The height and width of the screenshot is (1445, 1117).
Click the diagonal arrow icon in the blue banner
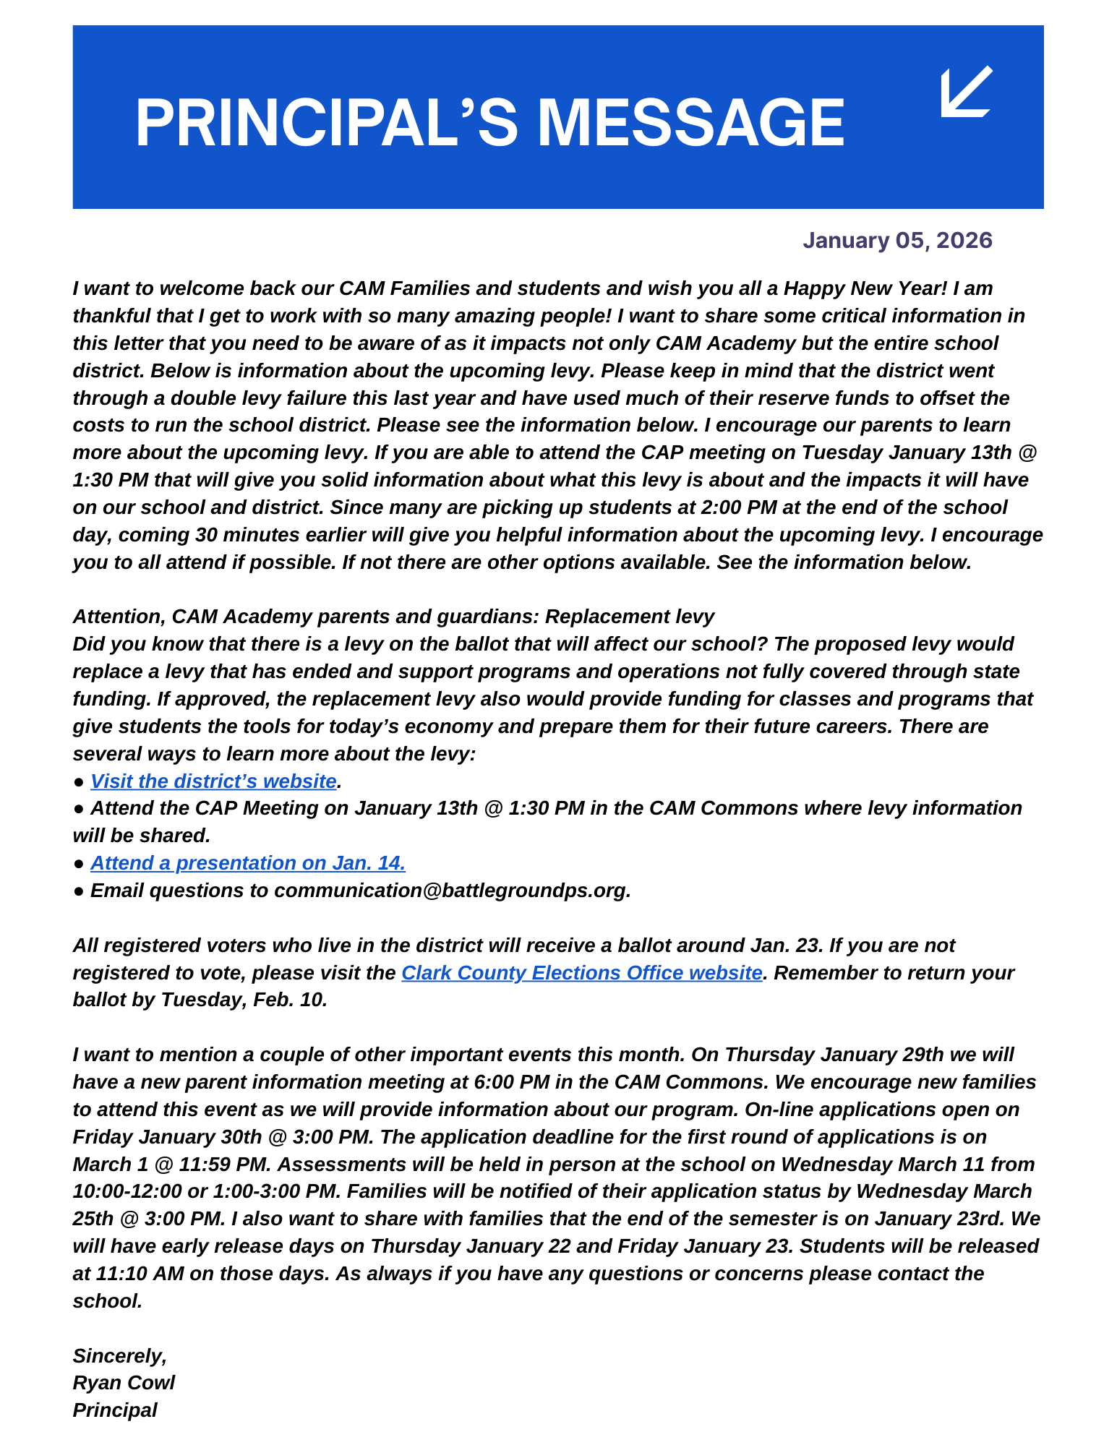click(967, 92)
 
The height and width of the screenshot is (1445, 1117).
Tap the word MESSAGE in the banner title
click(690, 123)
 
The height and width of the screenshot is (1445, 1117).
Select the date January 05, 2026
click(897, 240)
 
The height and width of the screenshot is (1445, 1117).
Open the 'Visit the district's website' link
click(213, 781)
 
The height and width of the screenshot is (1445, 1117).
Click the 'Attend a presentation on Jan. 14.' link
click(248, 863)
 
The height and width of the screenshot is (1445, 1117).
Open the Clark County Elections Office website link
click(582, 973)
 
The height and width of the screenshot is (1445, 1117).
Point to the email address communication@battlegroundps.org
click(452, 891)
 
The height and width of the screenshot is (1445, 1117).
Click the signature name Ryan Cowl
click(124, 1383)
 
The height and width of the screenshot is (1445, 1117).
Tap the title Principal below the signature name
click(115, 1410)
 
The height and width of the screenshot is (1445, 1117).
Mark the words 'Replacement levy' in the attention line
click(629, 617)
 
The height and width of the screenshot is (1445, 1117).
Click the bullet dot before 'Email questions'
click(79, 891)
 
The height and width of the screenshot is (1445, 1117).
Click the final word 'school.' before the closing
click(107, 1301)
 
